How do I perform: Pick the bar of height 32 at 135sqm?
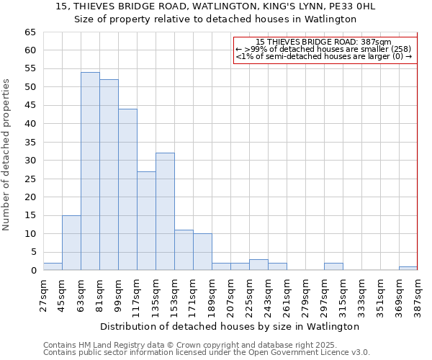(165, 212)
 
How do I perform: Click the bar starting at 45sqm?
(71, 243)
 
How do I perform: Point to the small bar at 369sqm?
(408, 269)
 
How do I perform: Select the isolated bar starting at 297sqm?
(333, 266)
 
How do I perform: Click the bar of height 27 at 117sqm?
(146, 220)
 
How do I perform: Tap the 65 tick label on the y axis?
(30, 32)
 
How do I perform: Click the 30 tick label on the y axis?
(30, 161)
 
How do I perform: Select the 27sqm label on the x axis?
(43, 294)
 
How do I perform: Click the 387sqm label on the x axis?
(418, 294)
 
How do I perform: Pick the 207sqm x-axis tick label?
(230, 294)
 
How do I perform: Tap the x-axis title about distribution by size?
(230, 326)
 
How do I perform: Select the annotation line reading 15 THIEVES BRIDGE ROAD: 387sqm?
(323, 42)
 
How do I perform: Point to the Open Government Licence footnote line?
(207, 352)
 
